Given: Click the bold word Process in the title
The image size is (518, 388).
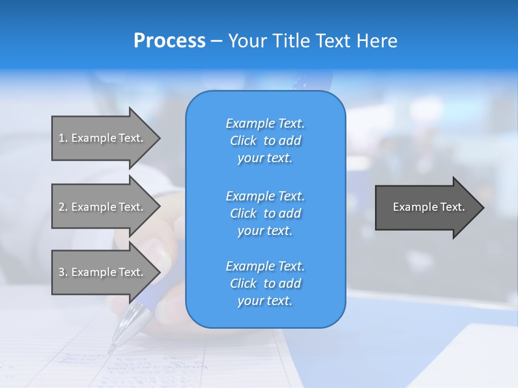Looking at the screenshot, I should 169,41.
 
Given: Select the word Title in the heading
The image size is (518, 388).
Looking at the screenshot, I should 291,41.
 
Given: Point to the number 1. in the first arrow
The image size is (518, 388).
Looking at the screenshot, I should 63,138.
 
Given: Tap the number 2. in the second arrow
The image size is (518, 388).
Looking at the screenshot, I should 63,207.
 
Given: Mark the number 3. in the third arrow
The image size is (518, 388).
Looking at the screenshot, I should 63,272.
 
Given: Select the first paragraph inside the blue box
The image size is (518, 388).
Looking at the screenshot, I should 265,141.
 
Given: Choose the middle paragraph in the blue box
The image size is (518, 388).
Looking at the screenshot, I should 265,213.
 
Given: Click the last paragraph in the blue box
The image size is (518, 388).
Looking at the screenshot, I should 265,283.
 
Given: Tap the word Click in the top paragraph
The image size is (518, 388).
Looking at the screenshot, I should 243,141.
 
